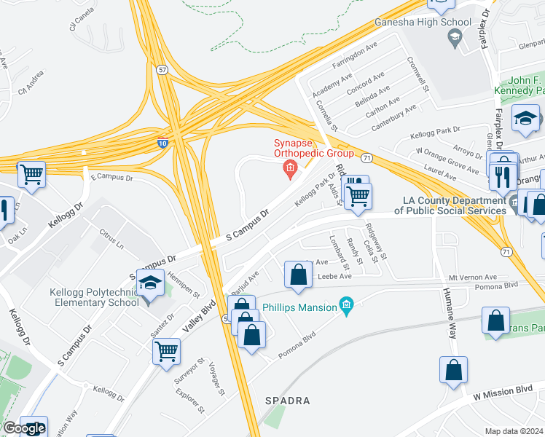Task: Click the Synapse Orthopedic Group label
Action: [313, 148]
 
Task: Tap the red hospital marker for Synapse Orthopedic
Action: [290, 170]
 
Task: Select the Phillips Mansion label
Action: [300, 307]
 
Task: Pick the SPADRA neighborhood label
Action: [288, 401]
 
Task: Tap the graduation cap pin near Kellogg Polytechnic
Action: [150, 285]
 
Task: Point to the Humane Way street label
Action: [447, 314]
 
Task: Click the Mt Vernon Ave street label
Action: [471, 277]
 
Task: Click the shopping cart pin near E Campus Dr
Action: [31, 174]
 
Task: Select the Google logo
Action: [24, 429]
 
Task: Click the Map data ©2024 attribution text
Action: [514, 431]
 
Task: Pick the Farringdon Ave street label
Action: [354, 56]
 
